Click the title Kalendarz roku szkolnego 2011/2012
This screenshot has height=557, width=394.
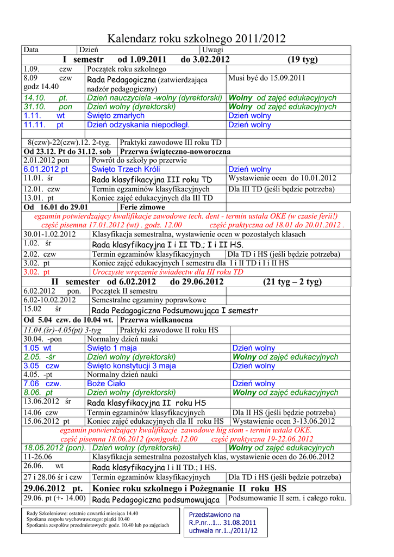click(x=196, y=39)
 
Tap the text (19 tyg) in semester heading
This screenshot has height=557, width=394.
click(x=303, y=59)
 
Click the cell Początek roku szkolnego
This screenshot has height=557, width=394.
click(x=127, y=69)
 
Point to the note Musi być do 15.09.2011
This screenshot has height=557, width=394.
click(x=267, y=78)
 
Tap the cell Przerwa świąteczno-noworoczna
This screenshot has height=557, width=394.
click(x=174, y=151)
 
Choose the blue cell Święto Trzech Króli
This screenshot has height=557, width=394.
click(x=122, y=169)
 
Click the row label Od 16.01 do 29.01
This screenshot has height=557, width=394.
click(x=56, y=207)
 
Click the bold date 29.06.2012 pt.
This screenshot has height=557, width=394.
click(x=53, y=488)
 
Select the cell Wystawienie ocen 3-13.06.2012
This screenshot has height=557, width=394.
click(x=284, y=421)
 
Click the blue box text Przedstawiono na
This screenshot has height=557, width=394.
click(x=214, y=514)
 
